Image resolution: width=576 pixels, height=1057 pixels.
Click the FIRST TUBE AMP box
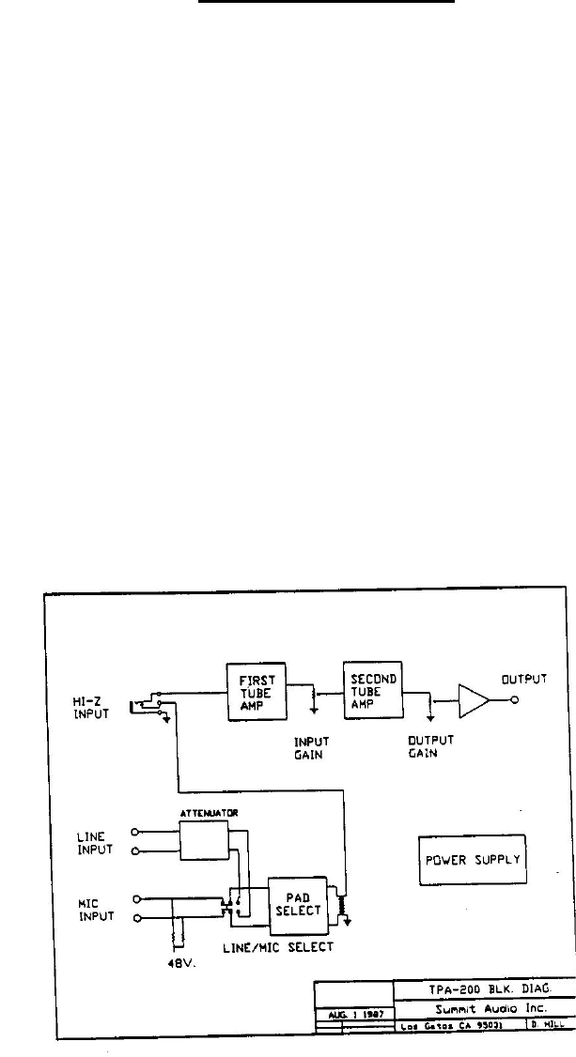(x=257, y=691)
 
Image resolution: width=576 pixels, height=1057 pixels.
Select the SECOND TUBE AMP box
(x=372, y=690)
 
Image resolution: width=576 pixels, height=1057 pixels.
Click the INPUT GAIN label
(x=310, y=746)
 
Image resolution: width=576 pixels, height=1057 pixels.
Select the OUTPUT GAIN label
(x=428, y=745)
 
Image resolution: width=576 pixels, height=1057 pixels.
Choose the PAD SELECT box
(x=297, y=903)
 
